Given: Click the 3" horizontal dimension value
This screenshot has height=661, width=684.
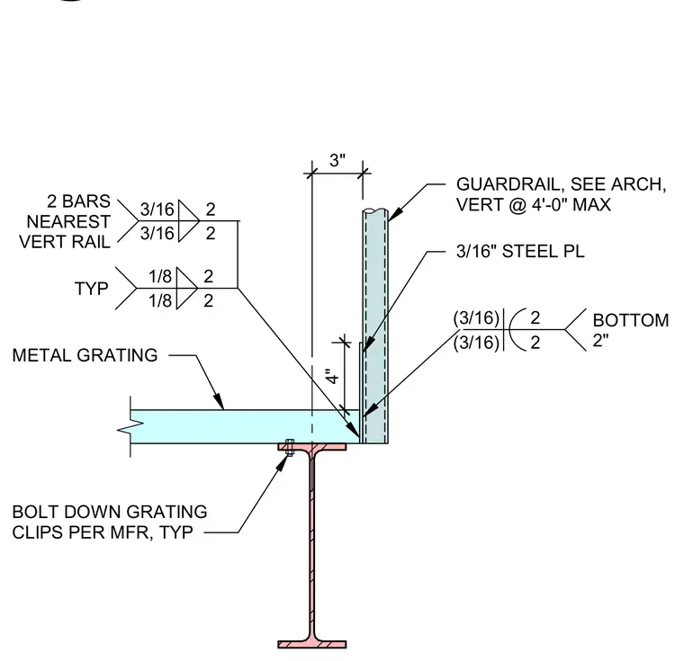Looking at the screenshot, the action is pos(337,160).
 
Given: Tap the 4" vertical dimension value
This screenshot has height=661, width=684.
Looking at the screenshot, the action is pos(333,376).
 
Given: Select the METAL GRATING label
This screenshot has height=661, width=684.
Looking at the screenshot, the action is pos(85,355).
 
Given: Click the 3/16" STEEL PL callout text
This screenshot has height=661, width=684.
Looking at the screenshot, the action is pos(520,252).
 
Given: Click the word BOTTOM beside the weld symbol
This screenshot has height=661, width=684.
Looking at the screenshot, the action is pos(630,320).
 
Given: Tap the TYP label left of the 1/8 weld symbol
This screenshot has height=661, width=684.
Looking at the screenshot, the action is pos(91,289).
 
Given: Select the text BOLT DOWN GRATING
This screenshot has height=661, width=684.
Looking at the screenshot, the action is pos(110,512).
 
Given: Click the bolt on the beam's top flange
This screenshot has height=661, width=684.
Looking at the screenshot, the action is pos(289,447).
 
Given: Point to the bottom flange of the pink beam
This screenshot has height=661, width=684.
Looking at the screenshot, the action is pos(312,645).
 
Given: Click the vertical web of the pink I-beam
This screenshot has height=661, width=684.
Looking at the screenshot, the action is pos(312,545).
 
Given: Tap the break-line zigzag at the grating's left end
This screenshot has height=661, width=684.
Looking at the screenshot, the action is pos(130,427).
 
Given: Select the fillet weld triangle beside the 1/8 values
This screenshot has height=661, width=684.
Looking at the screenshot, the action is pos(187,288).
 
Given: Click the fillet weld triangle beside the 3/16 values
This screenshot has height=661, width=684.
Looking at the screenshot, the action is pos(188,221).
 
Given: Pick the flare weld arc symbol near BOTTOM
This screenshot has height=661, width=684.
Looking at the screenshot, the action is pos(517,330).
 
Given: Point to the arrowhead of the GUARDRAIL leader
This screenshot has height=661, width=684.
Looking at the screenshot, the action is pos(393,215).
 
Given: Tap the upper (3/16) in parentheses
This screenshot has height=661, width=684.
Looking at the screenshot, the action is pos(476,317).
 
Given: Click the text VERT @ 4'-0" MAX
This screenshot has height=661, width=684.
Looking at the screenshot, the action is pos(533,204).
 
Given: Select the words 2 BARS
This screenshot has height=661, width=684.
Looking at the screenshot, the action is pos(78,201).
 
